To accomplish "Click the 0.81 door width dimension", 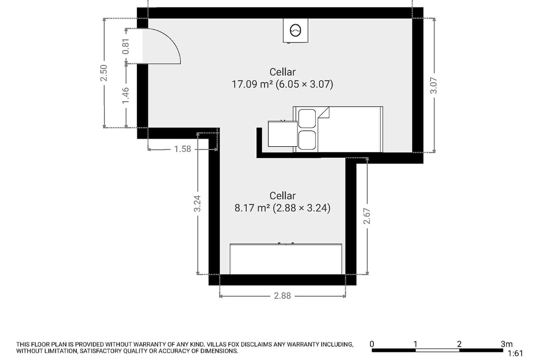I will pos(126,47).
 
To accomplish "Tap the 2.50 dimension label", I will pos(104,73).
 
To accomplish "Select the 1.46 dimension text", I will pos(126,96).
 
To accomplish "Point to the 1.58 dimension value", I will pos(183,149).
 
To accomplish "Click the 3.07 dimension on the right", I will pos(434,85).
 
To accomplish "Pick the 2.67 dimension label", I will pos(367,216).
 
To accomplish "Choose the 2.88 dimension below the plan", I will pos(282,296).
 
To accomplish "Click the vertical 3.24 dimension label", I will pos(197,204).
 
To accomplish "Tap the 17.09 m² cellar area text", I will pos(282,84).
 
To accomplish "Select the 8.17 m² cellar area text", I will pos(282,208).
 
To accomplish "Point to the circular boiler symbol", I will pos(295,30).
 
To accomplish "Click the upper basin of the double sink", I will pos(307,118).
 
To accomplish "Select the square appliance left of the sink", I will pos(282,134).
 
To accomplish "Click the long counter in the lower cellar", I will pos(286,259).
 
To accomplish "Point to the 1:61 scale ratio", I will pos(515,354).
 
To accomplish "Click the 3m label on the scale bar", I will pos(506,344).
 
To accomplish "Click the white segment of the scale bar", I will pos(437,350).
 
